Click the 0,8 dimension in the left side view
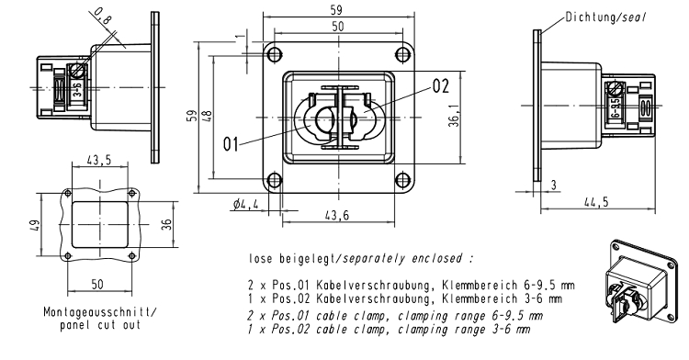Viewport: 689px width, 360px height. [x=103, y=17]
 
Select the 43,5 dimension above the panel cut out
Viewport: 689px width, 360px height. [x=99, y=160]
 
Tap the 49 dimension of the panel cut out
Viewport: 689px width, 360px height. [x=35, y=225]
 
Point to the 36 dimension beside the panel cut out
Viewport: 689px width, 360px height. [x=166, y=224]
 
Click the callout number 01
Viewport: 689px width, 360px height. [x=231, y=144]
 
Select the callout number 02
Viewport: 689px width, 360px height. [x=441, y=86]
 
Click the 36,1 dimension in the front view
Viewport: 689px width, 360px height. [x=455, y=116]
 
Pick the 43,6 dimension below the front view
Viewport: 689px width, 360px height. [x=337, y=215]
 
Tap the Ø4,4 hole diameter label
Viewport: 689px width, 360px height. [x=245, y=204]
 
